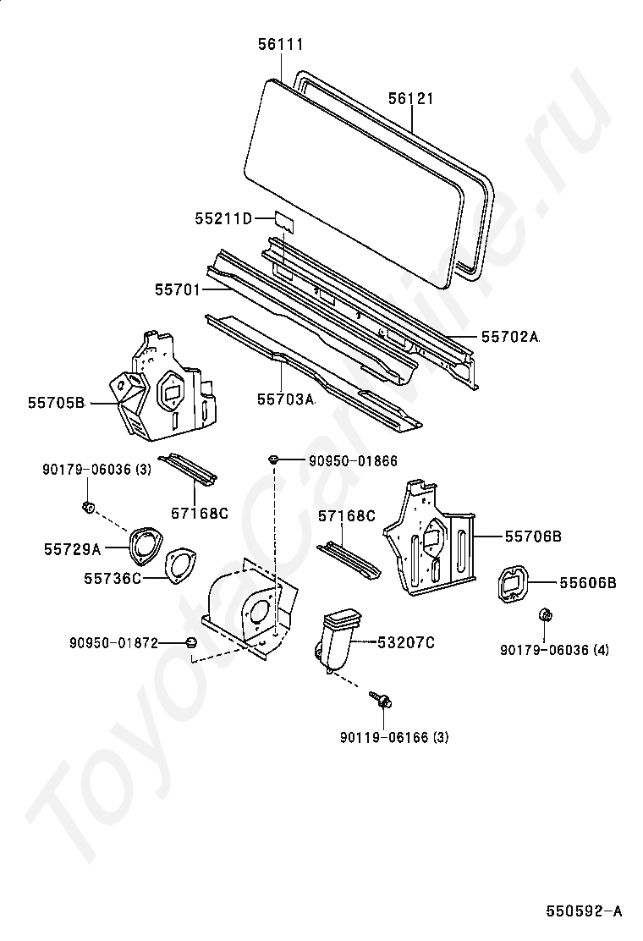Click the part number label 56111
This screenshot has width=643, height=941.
(x=281, y=44)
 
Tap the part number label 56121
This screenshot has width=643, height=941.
(x=411, y=99)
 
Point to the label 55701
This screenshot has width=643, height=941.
(x=177, y=289)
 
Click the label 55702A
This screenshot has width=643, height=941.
(x=510, y=337)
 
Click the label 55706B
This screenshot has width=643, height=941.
(x=534, y=537)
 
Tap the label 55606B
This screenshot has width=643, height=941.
(x=587, y=582)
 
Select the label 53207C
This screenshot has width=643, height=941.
(x=406, y=643)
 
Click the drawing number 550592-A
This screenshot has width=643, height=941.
(x=584, y=911)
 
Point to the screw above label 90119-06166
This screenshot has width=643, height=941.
(x=381, y=699)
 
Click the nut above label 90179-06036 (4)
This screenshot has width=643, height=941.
(x=546, y=615)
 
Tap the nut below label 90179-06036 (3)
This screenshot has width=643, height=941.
(x=87, y=507)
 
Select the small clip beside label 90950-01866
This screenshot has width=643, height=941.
(x=273, y=459)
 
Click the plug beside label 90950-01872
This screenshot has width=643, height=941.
(x=192, y=643)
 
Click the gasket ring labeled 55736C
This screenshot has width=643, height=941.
(x=179, y=566)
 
